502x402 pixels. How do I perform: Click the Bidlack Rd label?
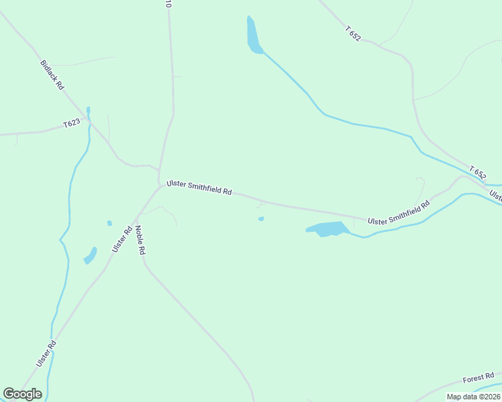click(x=52, y=75)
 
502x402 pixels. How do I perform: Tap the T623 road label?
click(x=72, y=123)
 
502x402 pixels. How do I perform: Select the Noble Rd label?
click(x=140, y=240)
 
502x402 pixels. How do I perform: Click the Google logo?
click(x=22, y=394)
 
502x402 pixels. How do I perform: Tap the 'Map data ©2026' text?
click(x=473, y=397)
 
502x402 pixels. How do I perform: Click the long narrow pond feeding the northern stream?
click(x=252, y=35)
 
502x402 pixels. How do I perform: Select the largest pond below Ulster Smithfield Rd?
click(x=328, y=228)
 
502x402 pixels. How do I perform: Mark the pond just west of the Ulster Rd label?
click(x=90, y=256)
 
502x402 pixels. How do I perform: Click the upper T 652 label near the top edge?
click(x=353, y=33)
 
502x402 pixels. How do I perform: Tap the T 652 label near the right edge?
click(x=478, y=172)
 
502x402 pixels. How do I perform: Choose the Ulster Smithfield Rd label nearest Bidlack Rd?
click(x=199, y=186)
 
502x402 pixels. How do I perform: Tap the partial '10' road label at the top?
click(x=168, y=4)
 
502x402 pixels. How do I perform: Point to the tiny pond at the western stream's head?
click(x=88, y=110)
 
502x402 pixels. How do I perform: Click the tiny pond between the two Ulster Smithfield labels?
click(x=261, y=218)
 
